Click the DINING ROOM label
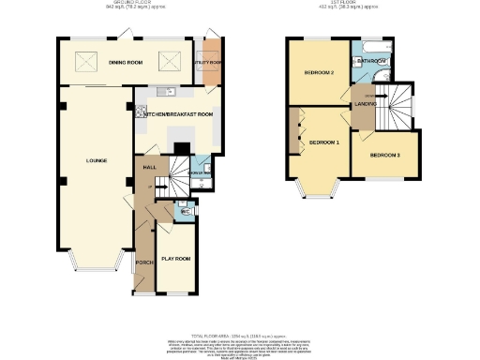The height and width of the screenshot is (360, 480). coord(126,63)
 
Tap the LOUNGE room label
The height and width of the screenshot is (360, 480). coord(97,160)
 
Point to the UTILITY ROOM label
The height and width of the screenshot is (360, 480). coord(208,63)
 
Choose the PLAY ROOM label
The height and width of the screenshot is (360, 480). coord(176,258)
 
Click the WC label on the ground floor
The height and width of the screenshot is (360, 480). coord(186,212)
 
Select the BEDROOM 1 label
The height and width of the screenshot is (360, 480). coord(324,142)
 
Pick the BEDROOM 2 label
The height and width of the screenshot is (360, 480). coord(319,72)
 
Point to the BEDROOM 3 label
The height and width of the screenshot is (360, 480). coord(384,155)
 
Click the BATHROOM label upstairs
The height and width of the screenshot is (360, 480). coord(371,61)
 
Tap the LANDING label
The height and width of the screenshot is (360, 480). coord(364,105)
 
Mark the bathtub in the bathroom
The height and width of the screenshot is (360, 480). coord(371,46)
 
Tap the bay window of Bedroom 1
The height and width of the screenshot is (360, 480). coord(318,192)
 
